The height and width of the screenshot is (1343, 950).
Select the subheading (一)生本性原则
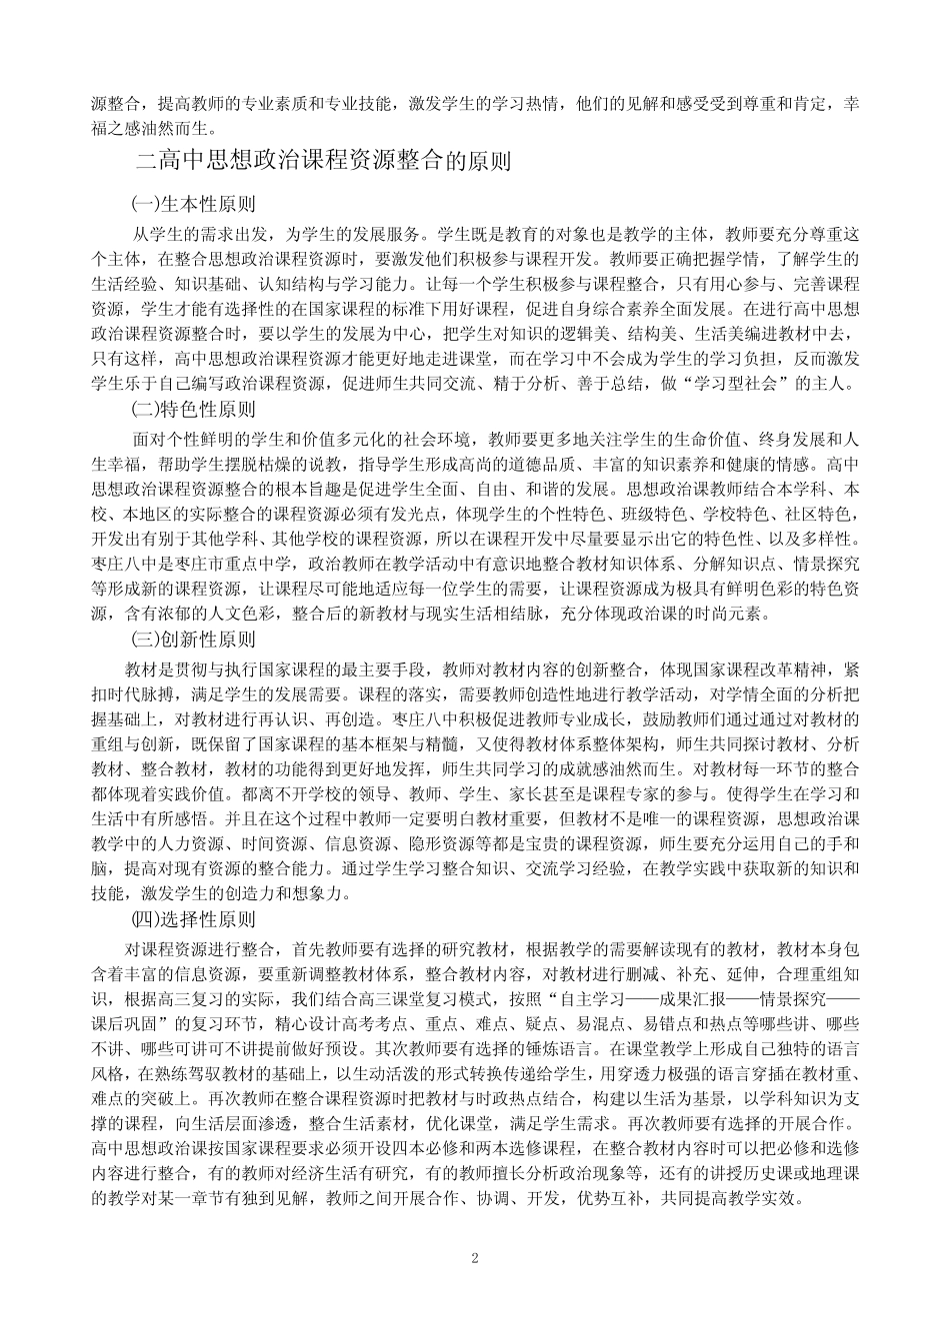(194, 204)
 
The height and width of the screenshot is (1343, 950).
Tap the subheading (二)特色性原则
(194, 409)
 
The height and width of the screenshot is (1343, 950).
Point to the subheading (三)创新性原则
(194, 640)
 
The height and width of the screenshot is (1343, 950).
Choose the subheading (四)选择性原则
(194, 918)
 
